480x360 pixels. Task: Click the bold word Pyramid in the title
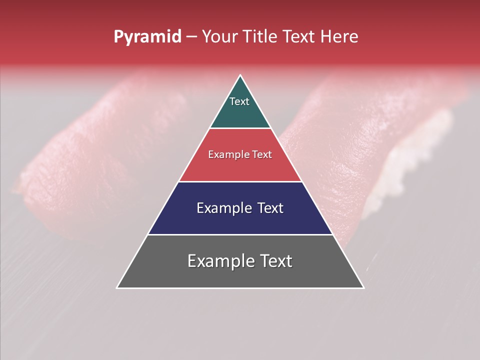[147, 37]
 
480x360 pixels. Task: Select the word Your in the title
[220, 37]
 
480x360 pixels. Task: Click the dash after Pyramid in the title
[191, 37]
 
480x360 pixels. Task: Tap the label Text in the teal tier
[239, 102]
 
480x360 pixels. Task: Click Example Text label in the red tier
[240, 155]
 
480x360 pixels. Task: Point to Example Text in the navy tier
[240, 208]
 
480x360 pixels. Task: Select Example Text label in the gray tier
[240, 261]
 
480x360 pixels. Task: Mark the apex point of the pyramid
[240, 76]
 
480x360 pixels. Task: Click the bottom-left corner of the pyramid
[117, 287]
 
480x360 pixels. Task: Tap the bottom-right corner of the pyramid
[363, 287]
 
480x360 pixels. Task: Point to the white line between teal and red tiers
[240, 128]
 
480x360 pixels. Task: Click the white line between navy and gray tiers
[240, 234]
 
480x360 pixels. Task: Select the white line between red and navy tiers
[240, 181]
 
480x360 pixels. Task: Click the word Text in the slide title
[299, 37]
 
